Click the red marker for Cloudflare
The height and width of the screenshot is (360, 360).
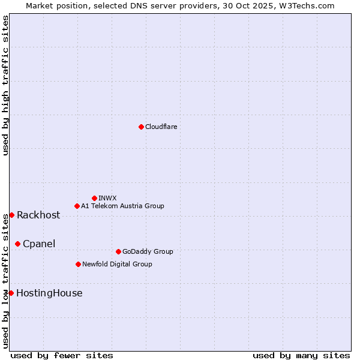point(141,127)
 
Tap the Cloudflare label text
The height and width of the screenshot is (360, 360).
point(161,127)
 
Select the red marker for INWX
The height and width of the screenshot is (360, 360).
point(94,198)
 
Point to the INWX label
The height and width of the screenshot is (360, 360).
point(107,198)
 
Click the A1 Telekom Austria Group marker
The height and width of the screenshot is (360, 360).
point(77,206)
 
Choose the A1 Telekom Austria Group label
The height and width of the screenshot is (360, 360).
point(122,206)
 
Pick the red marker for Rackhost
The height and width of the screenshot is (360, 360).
point(11,215)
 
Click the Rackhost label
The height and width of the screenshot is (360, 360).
point(38,215)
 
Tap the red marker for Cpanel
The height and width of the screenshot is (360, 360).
point(17,244)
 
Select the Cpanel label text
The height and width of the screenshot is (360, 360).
point(39,244)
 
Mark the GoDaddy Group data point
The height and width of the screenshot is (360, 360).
point(118,251)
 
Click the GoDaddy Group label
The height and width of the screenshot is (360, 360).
point(148,251)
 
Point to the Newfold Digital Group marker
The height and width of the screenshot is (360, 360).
point(78,264)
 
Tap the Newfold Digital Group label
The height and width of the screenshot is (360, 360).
point(117,264)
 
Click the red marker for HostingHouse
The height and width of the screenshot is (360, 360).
point(11,293)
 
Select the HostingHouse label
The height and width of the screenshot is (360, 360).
point(49,293)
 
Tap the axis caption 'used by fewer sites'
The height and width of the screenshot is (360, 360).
point(62,355)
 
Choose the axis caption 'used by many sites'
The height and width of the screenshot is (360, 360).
point(301,355)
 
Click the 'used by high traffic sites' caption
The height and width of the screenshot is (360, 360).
point(5,85)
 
